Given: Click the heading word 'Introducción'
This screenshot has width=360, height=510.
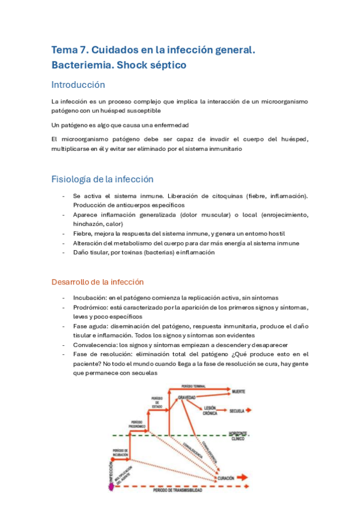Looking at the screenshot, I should tap(78, 85).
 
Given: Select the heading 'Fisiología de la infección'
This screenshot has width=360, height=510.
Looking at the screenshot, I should tap(102, 179).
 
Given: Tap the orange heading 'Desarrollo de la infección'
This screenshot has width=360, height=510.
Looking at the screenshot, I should tap(97, 281).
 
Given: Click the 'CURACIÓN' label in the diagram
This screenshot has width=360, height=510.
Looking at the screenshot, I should tap(226, 478).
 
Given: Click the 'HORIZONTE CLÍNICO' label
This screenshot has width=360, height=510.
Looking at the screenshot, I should tap(238, 435).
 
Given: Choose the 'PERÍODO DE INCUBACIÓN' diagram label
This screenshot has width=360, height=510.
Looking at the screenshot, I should tap(121, 452).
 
